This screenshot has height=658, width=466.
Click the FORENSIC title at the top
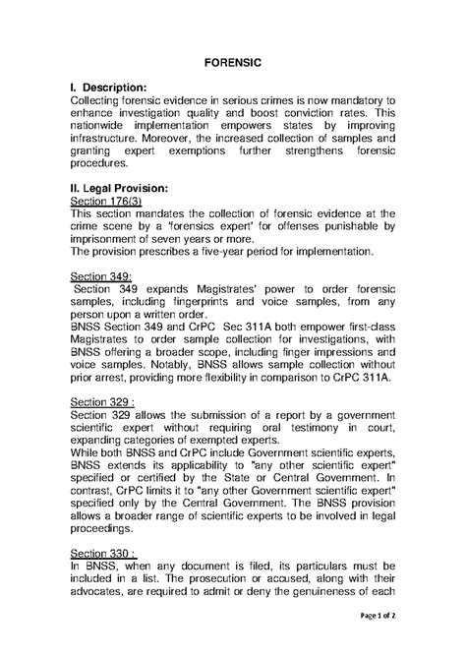(x=232, y=61)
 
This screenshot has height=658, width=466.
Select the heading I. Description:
(x=111, y=87)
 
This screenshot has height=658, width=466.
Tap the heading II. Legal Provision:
(x=121, y=187)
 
